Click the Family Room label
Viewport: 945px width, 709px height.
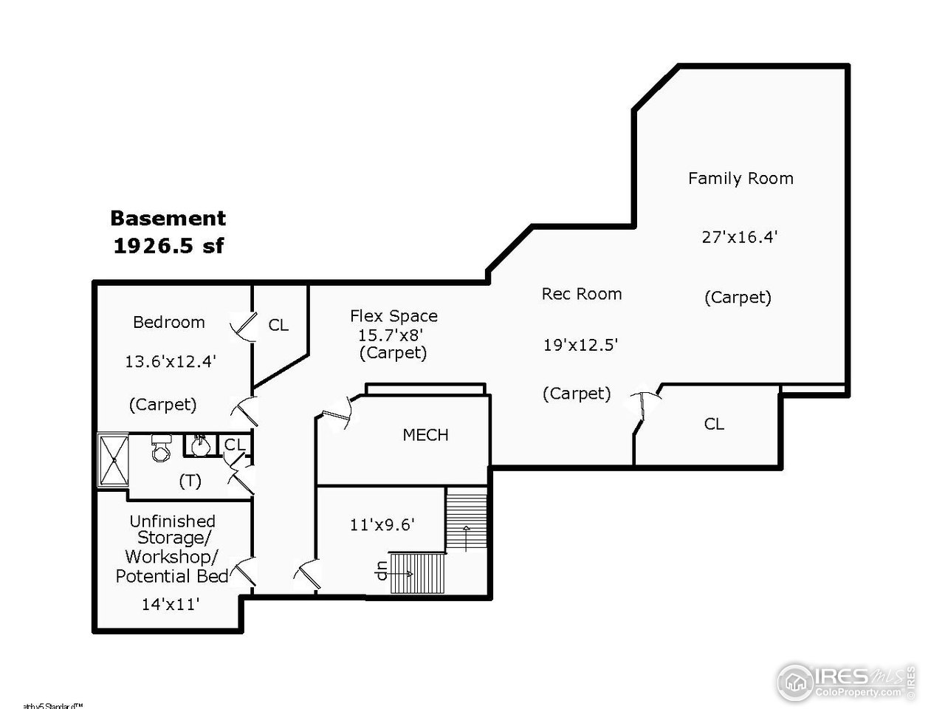(x=740, y=178)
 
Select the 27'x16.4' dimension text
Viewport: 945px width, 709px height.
(x=740, y=237)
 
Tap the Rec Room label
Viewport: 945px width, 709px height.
(x=582, y=294)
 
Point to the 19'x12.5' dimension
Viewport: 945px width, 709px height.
(x=581, y=345)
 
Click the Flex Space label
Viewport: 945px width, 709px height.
(x=394, y=316)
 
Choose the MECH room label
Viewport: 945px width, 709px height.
(x=425, y=435)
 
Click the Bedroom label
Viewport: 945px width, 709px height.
(x=169, y=322)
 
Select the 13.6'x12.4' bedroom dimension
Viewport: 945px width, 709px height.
(x=171, y=362)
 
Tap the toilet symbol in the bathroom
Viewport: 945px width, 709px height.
(x=160, y=447)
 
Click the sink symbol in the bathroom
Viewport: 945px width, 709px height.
(x=199, y=445)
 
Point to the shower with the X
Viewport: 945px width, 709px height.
(x=113, y=461)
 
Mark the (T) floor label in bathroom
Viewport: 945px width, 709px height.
(x=190, y=481)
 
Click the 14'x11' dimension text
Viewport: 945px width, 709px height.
(x=171, y=604)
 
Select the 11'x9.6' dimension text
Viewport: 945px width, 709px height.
(x=382, y=525)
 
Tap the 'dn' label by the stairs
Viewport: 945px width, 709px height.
(x=382, y=572)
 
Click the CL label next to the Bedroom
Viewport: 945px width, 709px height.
(x=278, y=325)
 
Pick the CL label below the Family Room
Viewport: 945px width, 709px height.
(x=714, y=424)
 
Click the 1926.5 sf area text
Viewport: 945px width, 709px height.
(x=168, y=246)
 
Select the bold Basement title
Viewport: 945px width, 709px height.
(x=168, y=219)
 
